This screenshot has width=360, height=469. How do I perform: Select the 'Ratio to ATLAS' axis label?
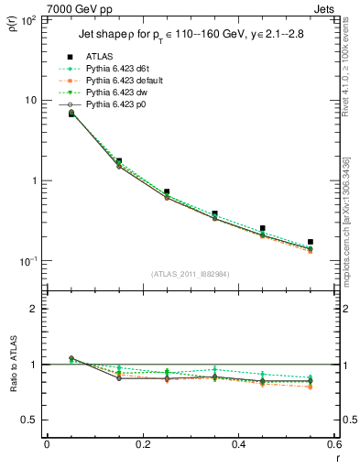[x=12, y=364]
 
